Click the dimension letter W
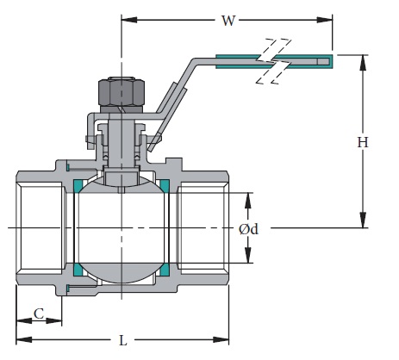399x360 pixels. (x=228, y=20)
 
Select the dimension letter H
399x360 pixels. (x=363, y=142)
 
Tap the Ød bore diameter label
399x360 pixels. (x=249, y=229)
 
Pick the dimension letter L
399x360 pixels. (x=122, y=340)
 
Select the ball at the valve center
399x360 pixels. (x=122, y=227)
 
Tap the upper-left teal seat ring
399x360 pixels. (x=78, y=184)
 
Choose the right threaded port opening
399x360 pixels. (x=203, y=227)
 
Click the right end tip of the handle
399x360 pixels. (x=333, y=60)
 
